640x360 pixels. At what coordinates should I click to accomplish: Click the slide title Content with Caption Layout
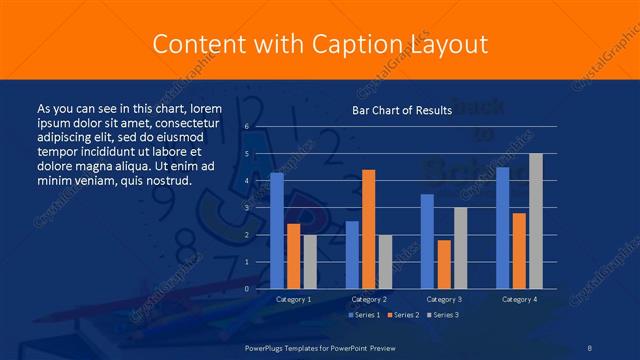click(320, 44)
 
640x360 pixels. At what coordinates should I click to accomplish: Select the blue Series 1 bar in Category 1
click(277, 231)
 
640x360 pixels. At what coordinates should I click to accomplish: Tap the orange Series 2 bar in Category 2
click(368, 229)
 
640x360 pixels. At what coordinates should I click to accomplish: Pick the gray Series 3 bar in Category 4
click(536, 221)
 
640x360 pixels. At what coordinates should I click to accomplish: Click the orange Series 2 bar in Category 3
click(444, 264)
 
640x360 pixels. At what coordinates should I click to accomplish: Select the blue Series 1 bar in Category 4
click(502, 228)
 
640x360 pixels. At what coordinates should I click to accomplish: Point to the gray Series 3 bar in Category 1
click(310, 262)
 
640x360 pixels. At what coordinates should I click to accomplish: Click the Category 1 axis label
click(293, 299)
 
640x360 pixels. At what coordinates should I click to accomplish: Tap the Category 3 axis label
click(444, 299)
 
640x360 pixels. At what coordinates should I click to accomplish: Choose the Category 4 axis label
click(519, 299)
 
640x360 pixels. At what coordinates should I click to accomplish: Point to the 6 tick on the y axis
click(246, 127)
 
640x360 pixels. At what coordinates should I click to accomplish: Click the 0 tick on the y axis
click(246, 289)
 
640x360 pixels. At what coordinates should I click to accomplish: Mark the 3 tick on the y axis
click(246, 208)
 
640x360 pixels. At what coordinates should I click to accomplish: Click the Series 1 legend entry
click(364, 316)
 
